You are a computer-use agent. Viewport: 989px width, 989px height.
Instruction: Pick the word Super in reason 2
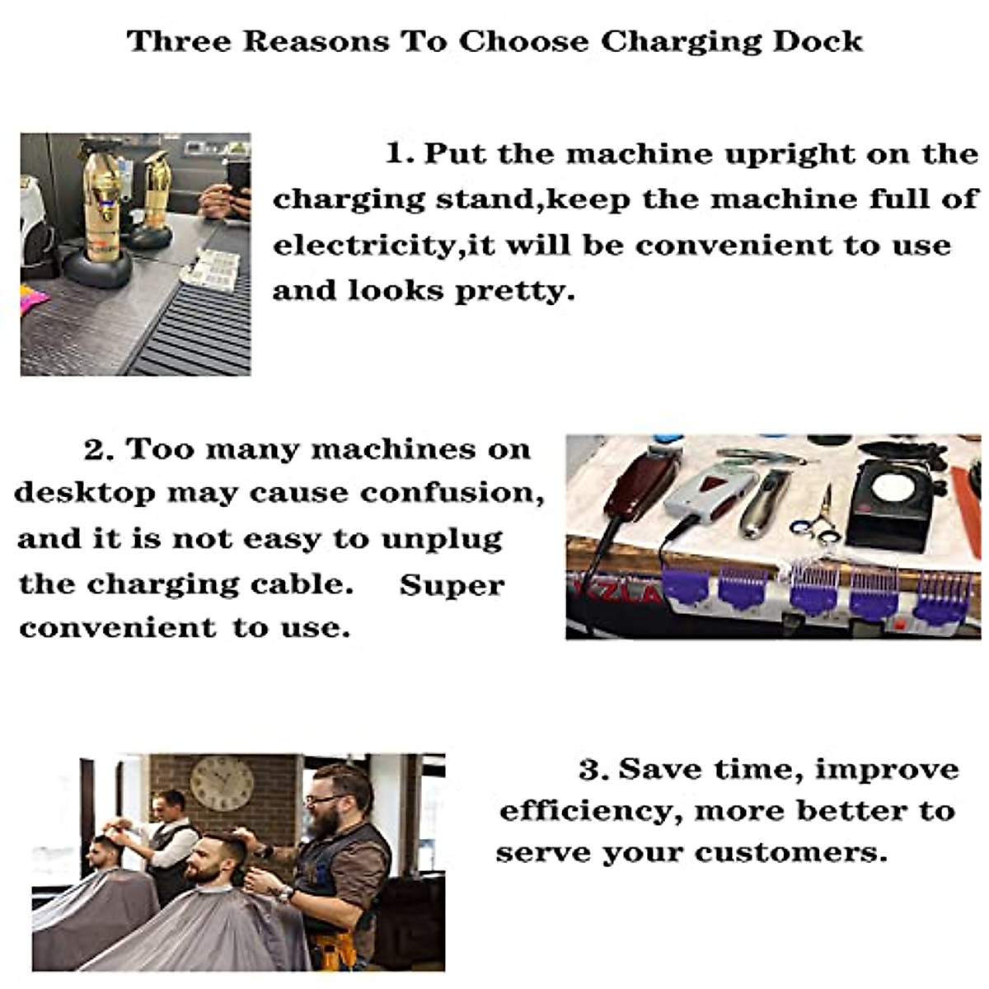452,585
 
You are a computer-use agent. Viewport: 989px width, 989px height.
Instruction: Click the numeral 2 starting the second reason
95,450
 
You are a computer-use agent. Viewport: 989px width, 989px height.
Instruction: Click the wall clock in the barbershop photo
222,784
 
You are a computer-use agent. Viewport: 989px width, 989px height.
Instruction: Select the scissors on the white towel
818,519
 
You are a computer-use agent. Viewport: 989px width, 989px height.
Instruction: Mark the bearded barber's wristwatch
286,893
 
